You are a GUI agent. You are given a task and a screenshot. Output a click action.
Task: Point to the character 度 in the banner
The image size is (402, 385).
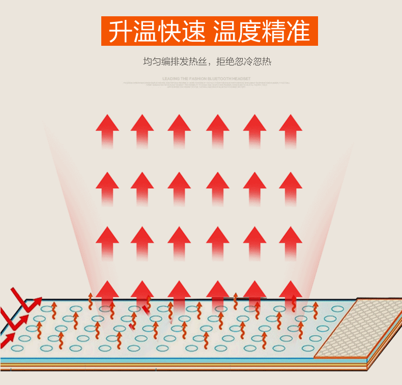[x=249, y=31]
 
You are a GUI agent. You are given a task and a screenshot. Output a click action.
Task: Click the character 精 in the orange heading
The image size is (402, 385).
[x=274, y=31]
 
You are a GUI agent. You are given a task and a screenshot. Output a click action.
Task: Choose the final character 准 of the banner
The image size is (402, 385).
[x=299, y=31]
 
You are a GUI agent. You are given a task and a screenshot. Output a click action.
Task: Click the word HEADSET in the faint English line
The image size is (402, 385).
[x=241, y=79]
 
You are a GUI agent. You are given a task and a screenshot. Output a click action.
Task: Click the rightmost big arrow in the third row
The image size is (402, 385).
[x=291, y=241]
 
